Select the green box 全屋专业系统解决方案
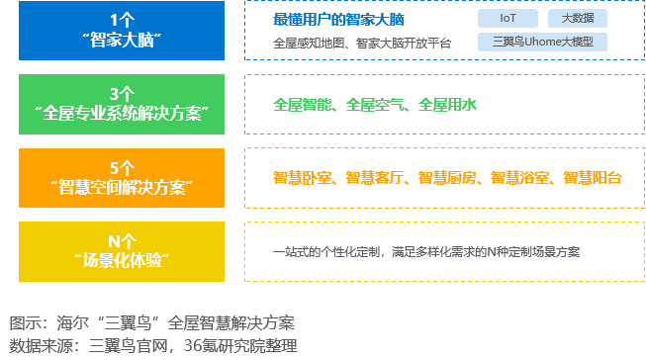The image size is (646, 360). pyautogui.click(x=122, y=104)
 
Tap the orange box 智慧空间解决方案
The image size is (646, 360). pyautogui.click(x=122, y=178)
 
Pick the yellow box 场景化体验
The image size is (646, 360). pyautogui.click(x=122, y=251)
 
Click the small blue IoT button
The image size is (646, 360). pyautogui.click(x=507, y=19)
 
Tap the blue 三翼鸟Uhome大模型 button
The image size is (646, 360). pyautogui.click(x=541, y=43)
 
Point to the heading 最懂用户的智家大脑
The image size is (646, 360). pyautogui.click(x=338, y=20)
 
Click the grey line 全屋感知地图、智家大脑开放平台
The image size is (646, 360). pyautogui.click(x=362, y=43)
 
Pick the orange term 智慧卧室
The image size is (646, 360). pyautogui.click(x=303, y=178)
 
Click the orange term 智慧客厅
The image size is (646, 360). pyautogui.click(x=376, y=178)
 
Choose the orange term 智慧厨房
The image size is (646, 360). pyautogui.click(x=448, y=178)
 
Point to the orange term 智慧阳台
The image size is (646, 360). pyautogui.click(x=594, y=178)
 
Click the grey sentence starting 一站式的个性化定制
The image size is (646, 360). pyautogui.click(x=426, y=252)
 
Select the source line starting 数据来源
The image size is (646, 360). pyautogui.click(x=153, y=346)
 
